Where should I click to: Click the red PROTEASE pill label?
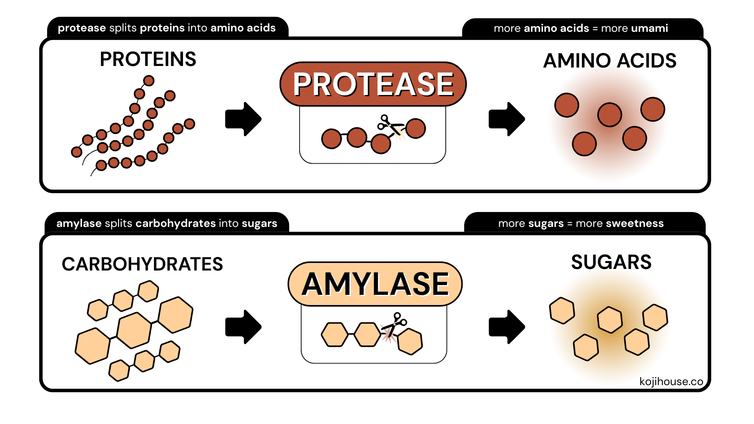tap(373, 84)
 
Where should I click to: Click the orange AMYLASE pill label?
tap(375, 284)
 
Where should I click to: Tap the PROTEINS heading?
tap(148, 59)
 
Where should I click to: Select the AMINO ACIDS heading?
tap(609, 61)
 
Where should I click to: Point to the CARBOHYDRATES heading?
tap(142, 264)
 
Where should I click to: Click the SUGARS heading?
tap(611, 262)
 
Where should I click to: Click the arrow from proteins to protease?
tap(243, 119)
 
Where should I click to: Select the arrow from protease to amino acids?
tap(507, 119)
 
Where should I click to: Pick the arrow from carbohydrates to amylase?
tap(243, 327)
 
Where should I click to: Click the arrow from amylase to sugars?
tap(507, 327)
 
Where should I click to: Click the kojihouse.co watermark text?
tap(671, 382)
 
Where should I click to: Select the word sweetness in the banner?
tap(635, 223)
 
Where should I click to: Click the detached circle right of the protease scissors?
tap(415, 128)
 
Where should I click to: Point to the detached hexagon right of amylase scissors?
tap(410, 341)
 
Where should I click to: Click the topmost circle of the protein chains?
tap(149, 81)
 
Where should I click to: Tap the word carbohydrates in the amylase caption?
tap(176, 223)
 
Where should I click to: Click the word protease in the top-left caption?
tap(82, 28)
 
